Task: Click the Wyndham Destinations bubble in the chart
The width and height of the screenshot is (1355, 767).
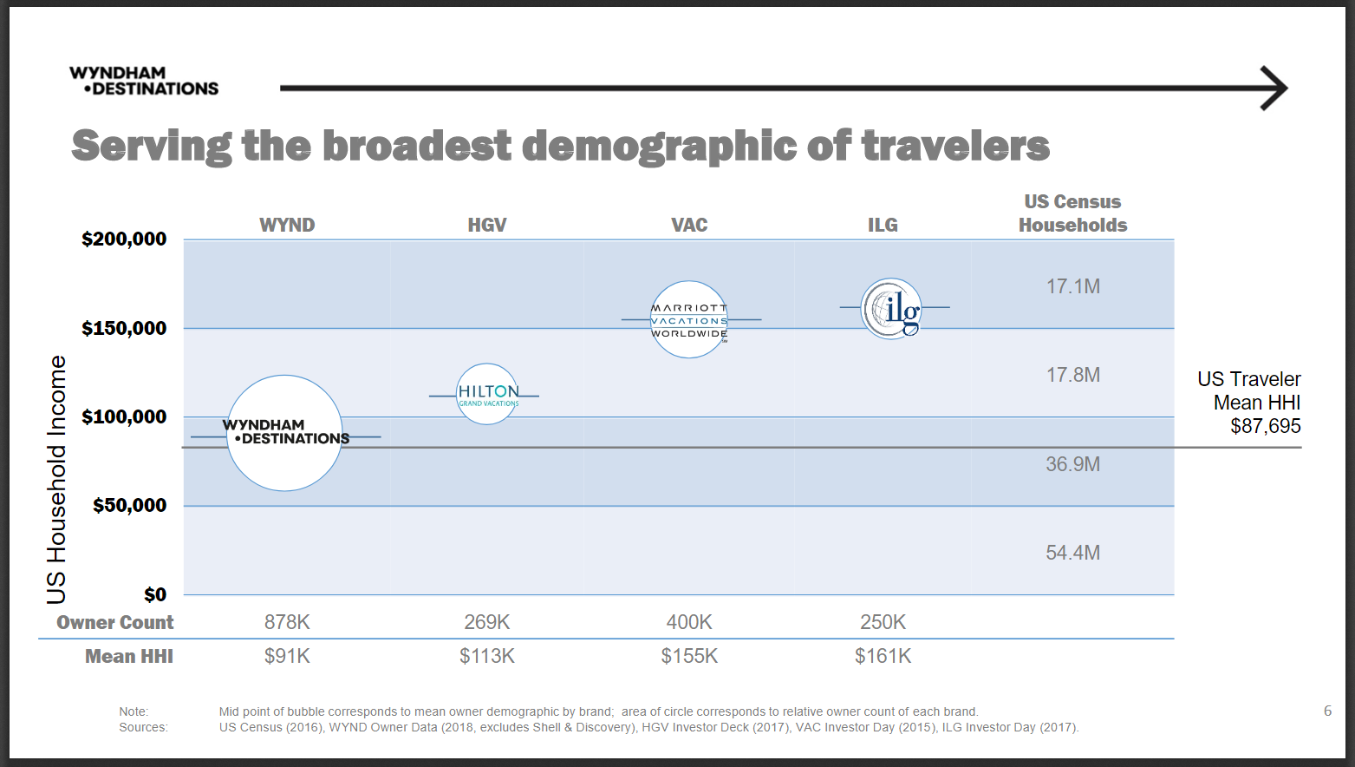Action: pyautogui.click(x=284, y=433)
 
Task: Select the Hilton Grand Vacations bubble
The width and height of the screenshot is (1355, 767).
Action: pyautogui.click(x=487, y=394)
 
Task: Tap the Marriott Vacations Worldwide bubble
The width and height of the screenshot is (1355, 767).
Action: pyautogui.click(x=689, y=319)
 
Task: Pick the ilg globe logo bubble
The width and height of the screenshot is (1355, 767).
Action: pyautogui.click(x=891, y=308)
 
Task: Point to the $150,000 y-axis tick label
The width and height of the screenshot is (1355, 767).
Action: pyautogui.click(x=124, y=328)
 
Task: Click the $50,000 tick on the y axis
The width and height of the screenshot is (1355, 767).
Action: pyautogui.click(x=129, y=505)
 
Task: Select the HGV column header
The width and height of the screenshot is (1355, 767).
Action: pyautogui.click(x=486, y=225)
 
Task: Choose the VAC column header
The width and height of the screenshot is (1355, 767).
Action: pyautogui.click(x=689, y=225)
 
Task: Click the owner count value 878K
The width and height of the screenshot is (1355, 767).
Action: pyautogui.click(x=287, y=622)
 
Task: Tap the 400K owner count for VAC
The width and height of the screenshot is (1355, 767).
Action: pyautogui.click(x=689, y=622)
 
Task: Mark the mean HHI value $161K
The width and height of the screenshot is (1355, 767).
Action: pyautogui.click(x=883, y=656)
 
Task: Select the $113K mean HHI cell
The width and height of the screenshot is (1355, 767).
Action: pyautogui.click(x=486, y=656)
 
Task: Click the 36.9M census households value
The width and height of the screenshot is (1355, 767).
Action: pyautogui.click(x=1072, y=464)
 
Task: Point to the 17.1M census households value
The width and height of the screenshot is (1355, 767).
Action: pyautogui.click(x=1072, y=286)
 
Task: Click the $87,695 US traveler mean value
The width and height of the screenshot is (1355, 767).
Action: pyautogui.click(x=1265, y=426)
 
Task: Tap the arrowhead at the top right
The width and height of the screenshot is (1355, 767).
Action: pyautogui.click(x=1276, y=88)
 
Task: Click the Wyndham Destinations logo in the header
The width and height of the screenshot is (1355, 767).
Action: pyautogui.click(x=143, y=81)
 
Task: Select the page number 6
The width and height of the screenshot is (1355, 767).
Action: pyautogui.click(x=1327, y=711)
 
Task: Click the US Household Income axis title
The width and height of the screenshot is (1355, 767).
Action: pyautogui.click(x=56, y=479)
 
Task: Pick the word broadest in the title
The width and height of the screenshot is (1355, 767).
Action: pyautogui.click(x=417, y=146)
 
